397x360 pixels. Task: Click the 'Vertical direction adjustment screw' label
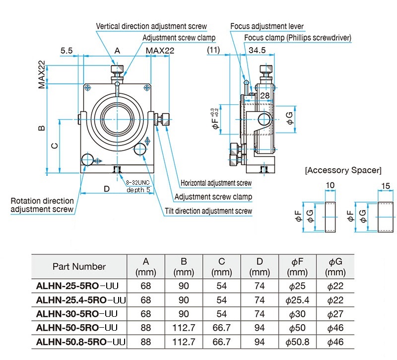click(x=151, y=26)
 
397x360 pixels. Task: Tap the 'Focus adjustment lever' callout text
click(x=267, y=26)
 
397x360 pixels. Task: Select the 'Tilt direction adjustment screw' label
click(x=208, y=211)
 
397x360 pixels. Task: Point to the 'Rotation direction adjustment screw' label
click(x=42, y=205)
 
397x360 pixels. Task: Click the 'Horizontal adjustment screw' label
click(x=216, y=183)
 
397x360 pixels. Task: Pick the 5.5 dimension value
click(x=66, y=51)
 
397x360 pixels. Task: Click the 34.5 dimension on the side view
click(x=257, y=50)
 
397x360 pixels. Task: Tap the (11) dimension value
click(x=213, y=50)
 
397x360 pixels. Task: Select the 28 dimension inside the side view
click(x=265, y=95)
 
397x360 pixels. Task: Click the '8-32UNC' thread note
click(x=138, y=182)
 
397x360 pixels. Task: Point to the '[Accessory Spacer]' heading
click(x=343, y=170)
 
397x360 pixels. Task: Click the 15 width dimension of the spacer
click(x=386, y=186)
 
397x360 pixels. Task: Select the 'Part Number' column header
click(x=79, y=267)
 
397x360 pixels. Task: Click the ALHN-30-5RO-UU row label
click(x=77, y=314)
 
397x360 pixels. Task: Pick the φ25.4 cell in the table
click(x=297, y=300)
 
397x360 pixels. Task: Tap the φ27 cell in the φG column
click(x=335, y=314)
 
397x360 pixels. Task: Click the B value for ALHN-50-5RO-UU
click(x=184, y=328)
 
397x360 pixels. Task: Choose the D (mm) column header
click(x=260, y=267)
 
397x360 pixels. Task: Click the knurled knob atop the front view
click(x=117, y=69)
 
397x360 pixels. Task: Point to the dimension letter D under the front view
click(x=107, y=189)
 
